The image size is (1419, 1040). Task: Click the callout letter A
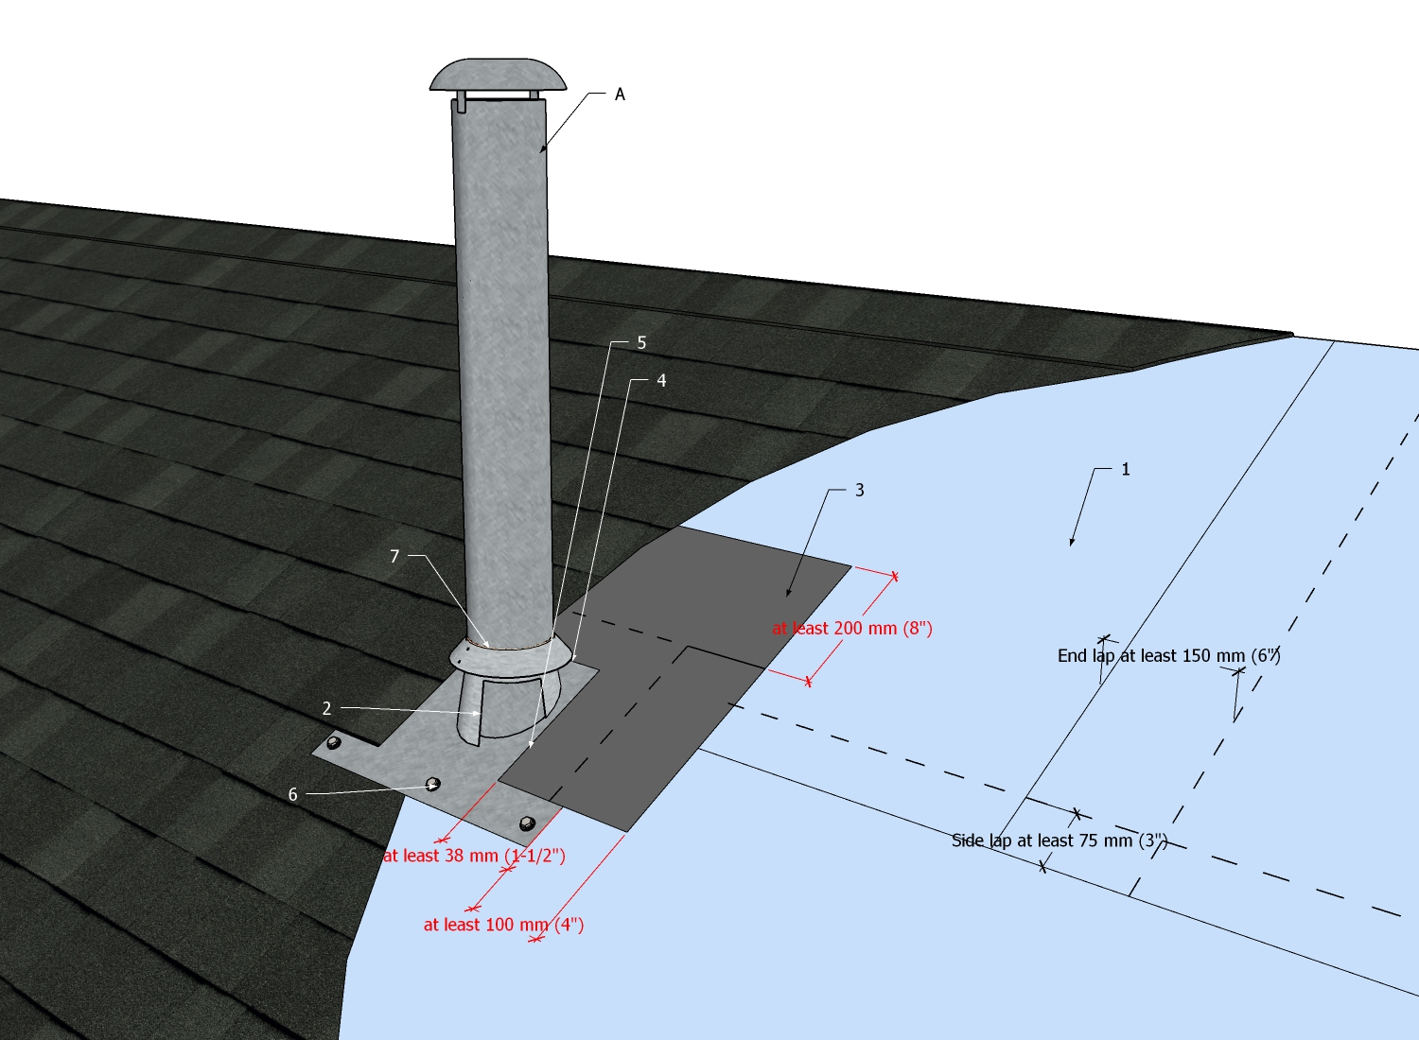[620, 95]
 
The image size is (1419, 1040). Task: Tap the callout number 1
[1126, 469]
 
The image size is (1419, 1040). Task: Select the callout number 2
[326, 708]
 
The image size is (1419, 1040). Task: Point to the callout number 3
[859, 490]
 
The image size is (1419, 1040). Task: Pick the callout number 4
[661, 380]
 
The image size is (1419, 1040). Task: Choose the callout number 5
[641, 342]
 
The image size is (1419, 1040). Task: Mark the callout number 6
[292, 795]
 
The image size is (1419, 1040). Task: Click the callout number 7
[394, 556]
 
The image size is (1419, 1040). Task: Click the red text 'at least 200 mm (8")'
[852, 628]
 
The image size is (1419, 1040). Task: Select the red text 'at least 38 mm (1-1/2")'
[474, 856]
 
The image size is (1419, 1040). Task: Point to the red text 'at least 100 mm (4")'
[503, 925]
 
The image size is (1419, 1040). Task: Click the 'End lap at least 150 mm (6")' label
[1168, 655]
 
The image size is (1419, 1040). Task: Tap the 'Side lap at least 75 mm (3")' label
[1060, 841]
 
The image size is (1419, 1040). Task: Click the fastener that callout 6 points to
[433, 784]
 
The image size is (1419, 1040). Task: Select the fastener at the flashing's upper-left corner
[334, 743]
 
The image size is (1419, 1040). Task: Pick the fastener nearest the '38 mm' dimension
[527, 823]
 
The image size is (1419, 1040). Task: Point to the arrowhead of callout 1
[1072, 544]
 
